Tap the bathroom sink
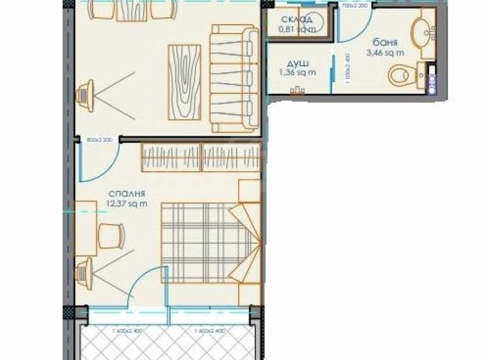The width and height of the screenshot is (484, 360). point(421,31)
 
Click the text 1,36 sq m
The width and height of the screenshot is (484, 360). point(297,72)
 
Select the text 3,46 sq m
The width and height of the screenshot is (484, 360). point(382,53)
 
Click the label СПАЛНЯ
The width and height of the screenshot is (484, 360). point(127,194)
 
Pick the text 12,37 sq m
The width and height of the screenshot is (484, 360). point(128,204)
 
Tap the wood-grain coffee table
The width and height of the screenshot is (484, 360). point(186,81)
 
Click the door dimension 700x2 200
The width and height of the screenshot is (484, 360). point(354,6)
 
